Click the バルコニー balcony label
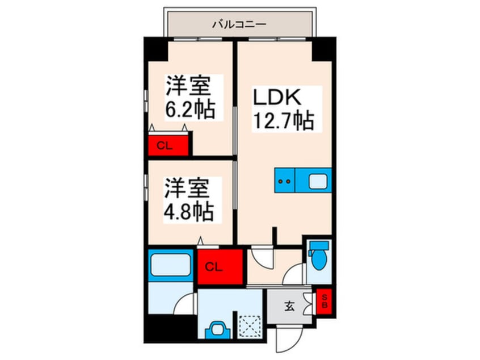pyautogui.click(x=239, y=24)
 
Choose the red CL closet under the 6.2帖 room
pyautogui.click(x=168, y=145)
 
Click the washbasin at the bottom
pyautogui.click(x=217, y=329)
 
